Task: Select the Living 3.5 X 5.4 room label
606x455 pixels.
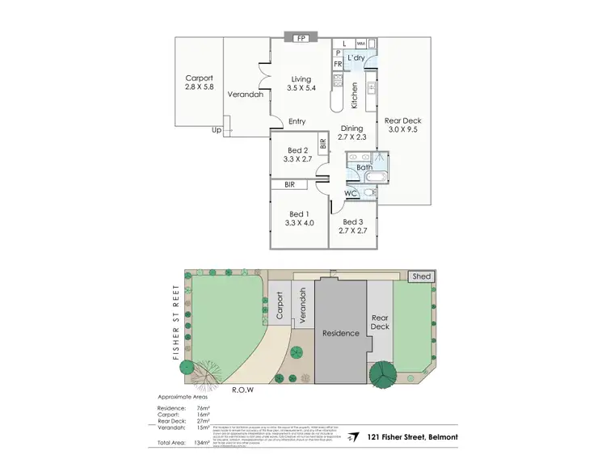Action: click(x=301, y=84)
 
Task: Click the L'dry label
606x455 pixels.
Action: click(x=356, y=59)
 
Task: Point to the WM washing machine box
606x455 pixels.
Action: click(x=360, y=43)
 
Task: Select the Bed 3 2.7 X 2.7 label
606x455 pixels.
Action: click(x=355, y=226)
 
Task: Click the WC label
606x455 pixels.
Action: click(x=351, y=194)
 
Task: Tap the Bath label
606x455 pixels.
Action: click(x=365, y=167)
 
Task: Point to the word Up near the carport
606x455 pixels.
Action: click(x=216, y=129)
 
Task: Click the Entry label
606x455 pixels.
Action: click(x=297, y=122)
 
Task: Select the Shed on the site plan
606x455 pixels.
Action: click(x=423, y=276)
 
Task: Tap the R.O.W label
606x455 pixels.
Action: click(x=242, y=390)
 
